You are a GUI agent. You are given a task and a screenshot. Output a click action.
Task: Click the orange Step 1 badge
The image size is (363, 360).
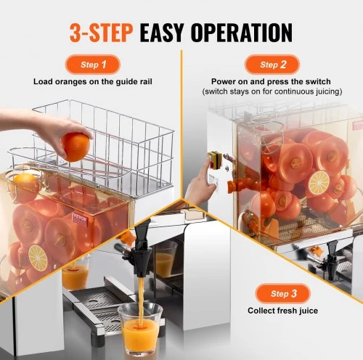coord(93,65)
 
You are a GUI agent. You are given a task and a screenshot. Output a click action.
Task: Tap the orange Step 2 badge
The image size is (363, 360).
coord(272,65)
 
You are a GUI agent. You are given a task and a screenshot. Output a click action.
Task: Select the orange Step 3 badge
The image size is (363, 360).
coord(282,293)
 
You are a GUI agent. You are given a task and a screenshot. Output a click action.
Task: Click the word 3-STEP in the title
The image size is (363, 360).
coord(101,33)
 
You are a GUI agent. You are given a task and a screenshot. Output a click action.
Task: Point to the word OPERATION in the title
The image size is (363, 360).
coord(242,33)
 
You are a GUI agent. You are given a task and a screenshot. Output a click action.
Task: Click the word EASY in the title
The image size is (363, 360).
coord(162,33)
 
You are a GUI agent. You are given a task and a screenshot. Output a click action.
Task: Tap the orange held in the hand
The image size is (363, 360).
coord(76,147)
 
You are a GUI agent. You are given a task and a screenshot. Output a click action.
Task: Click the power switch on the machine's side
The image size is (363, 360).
coord(215,160)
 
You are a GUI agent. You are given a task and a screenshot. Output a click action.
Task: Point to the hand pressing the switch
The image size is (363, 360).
coord(200,184)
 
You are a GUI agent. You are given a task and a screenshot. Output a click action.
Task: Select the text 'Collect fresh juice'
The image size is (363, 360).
coord(282,311)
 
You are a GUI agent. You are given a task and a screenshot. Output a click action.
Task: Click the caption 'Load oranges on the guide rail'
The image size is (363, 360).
coord(93,81)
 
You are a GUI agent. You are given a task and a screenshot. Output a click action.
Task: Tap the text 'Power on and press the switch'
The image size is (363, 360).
coord(271,81)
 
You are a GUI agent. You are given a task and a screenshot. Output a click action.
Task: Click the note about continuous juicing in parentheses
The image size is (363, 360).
coord(272,91)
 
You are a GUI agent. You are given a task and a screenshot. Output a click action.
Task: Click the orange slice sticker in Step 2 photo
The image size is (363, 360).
coord(319,183)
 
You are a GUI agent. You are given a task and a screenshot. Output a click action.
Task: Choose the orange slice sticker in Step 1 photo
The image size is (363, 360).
coord(38,258)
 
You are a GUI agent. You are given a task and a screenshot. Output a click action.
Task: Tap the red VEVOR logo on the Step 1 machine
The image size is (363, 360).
coord(80,218)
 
